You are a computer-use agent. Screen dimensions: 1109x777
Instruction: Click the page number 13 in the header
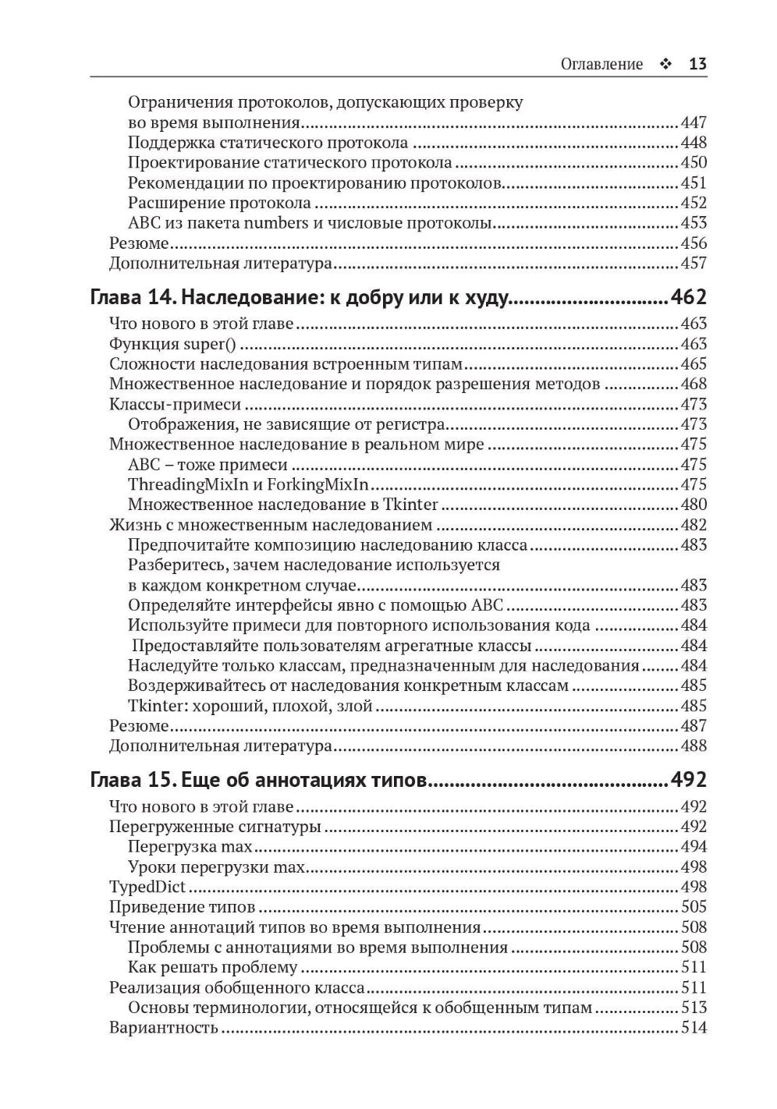(697, 64)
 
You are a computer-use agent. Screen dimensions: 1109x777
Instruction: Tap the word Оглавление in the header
(601, 64)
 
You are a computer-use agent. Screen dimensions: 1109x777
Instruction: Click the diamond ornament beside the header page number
(665, 64)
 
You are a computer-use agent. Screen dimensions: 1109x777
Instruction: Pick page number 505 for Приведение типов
(694, 907)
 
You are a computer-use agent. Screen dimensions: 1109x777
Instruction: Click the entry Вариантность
(163, 1028)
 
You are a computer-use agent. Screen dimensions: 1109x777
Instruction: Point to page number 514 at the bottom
(694, 1028)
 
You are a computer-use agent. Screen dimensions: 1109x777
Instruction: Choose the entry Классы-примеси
(175, 404)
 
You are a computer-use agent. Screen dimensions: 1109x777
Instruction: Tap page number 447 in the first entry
(694, 122)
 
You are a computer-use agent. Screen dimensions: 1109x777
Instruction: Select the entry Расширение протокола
(219, 203)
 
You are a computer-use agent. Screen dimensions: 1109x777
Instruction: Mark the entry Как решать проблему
(212, 968)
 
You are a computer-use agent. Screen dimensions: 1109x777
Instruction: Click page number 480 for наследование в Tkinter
(694, 505)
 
